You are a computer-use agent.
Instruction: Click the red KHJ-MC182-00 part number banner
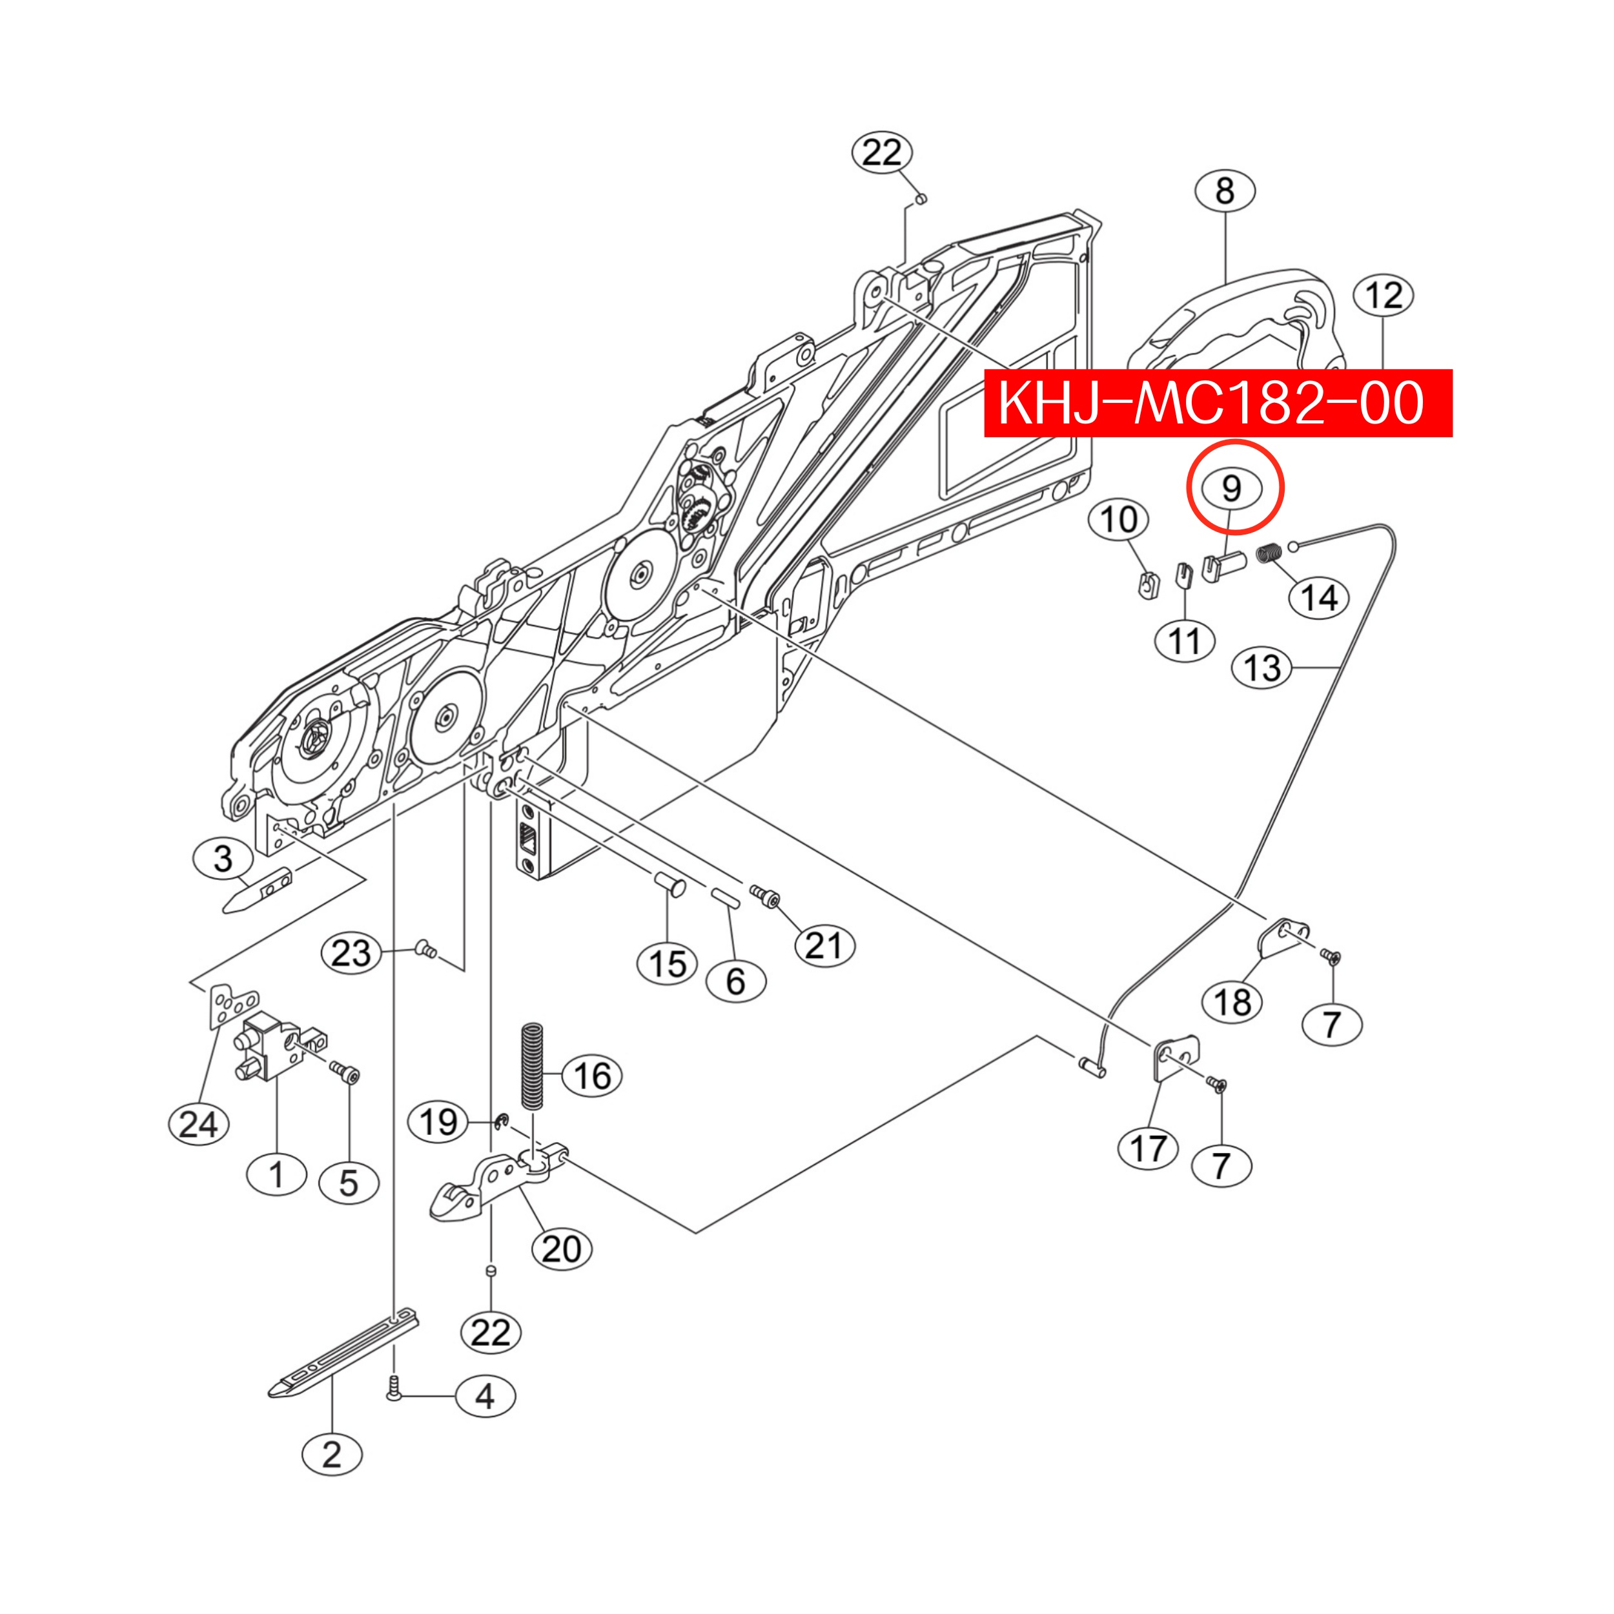pyautogui.click(x=1218, y=403)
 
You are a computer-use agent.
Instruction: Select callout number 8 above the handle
pyautogui.click(x=1225, y=191)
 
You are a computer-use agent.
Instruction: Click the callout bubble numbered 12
pyautogui.click(x=1383, y=296)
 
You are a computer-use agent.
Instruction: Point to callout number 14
pyautogui.click(x=1319, y=598)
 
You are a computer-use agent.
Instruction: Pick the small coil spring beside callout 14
pyautogui.click(x=1270, y=553)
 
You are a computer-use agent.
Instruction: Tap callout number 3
pyautogui.click(x=223, y=859)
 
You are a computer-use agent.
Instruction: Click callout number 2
pyautogui.click(x=332, y=1455)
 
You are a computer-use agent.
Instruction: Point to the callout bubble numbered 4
pyautogui.click(x=485, y=1396)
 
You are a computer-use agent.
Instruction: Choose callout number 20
pyautogui.click(x=562, y=1250)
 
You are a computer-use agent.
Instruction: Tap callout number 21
pyautogui.click(x=824, y=946)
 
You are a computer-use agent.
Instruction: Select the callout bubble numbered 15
pyautogui.click(x=668, y=964)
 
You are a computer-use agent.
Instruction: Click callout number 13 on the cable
pyautogui.click(x=1262, y=668)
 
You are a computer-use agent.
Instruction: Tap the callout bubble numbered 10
pyautogui.click(x=1119, y=520)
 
